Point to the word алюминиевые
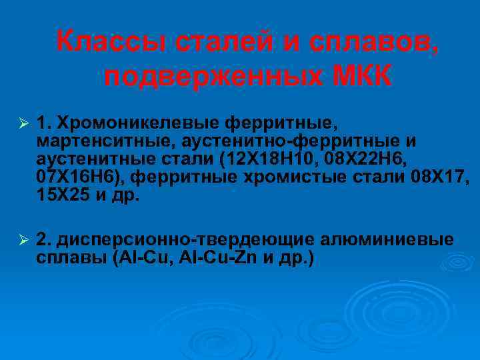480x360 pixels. tap(388, 239)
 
